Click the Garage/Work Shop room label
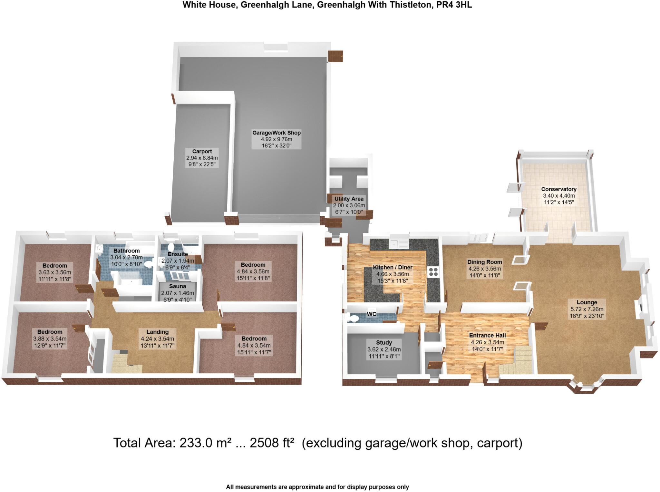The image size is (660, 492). pyautogui.click(x=276, y=133)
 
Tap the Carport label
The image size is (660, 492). pyautogui.click(x=202, y=152)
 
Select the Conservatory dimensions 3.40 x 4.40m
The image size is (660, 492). pyautogui.click(x=559, y=196)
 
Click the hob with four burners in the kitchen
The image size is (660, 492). pyautogui.click(x=433, y=272)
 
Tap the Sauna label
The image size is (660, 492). pyautogui.click(x=178, y=286)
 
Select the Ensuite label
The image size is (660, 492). pyautogui.click(x=178, y=254)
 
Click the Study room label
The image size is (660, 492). pyautogui.click(x=384, y=342)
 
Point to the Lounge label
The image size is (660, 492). pyautogui.click(x=587, y=302)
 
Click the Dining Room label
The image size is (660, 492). pyautogui.click(x=485, y=262)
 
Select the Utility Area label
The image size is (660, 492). pyautogui.click(x=349, y=199)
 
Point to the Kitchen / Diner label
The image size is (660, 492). pyautogui.click(x=393, y=267)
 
